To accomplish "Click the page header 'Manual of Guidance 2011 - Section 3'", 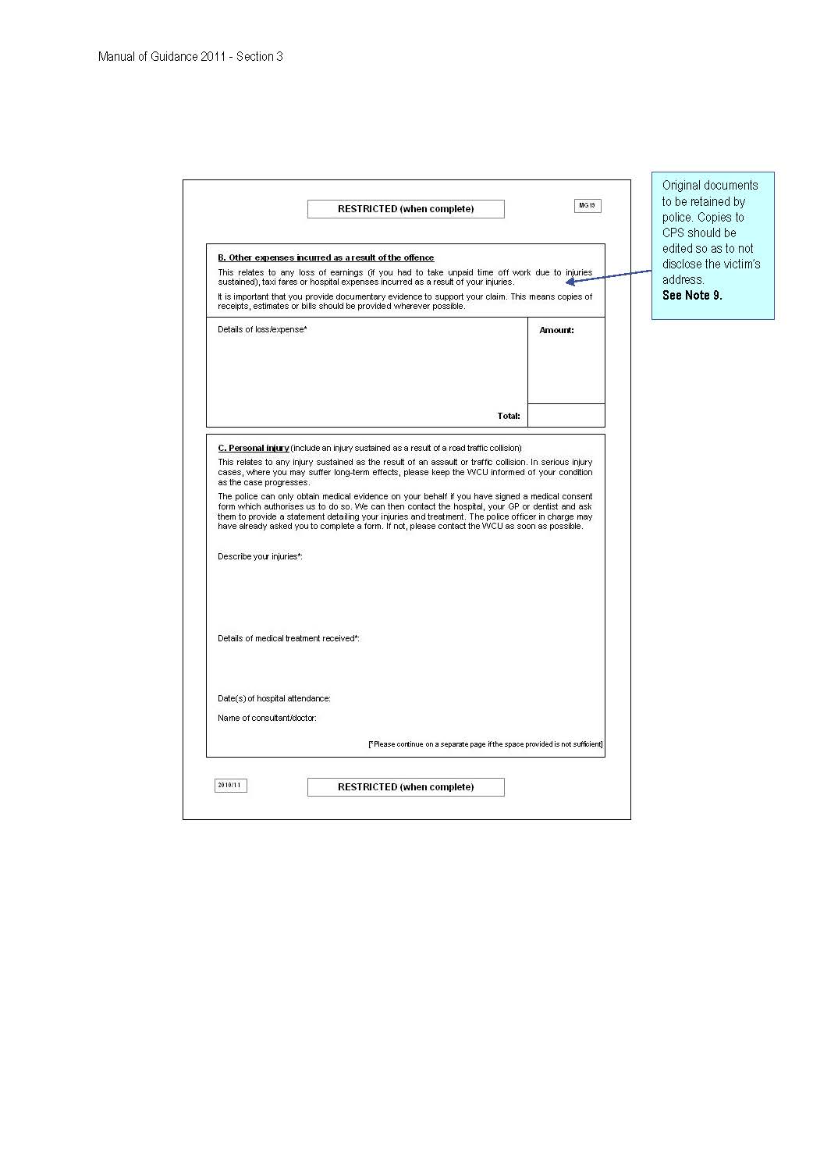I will pyautogui.click(x=190, y=56).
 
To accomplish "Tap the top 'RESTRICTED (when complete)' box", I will pyautogui.click(x=406, y=209).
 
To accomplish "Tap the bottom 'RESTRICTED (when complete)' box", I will pyautogui.click(x=406, y=787).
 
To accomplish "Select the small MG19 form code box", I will pyautogui.click(x=588, y=206).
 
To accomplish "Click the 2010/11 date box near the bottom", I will pyautogui.click(x=230, y=786).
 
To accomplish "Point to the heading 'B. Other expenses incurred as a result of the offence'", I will pyautogui.click(x=325, y=257).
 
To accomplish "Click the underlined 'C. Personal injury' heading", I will pyautogui.click(x=254, y=448).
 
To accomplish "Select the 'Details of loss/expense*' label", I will pyautogui.click(x=262, y=329).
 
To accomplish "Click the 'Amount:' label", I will pyautogui.click(x=556, y=330).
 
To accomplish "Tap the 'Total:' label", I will pyautogui.click(x=509, y=416).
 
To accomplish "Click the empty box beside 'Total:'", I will pyautogui.click(x=566, y=415).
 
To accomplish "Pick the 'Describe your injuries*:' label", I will pyautogui.click(x=260, y=556).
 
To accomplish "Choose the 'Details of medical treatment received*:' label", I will pyautogui.click(x=288, y=638).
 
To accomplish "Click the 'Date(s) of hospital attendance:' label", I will pyautogui.click(x=274, y=698).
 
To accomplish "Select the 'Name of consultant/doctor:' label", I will pyautogui.click(x=267, y=718).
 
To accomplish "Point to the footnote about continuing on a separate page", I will pyautogui.click(x=485, y=744).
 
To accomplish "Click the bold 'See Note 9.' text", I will pyautogui.click(x=692, y=295).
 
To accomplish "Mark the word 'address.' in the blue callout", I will pyautogui.click(x=683, y=279).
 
